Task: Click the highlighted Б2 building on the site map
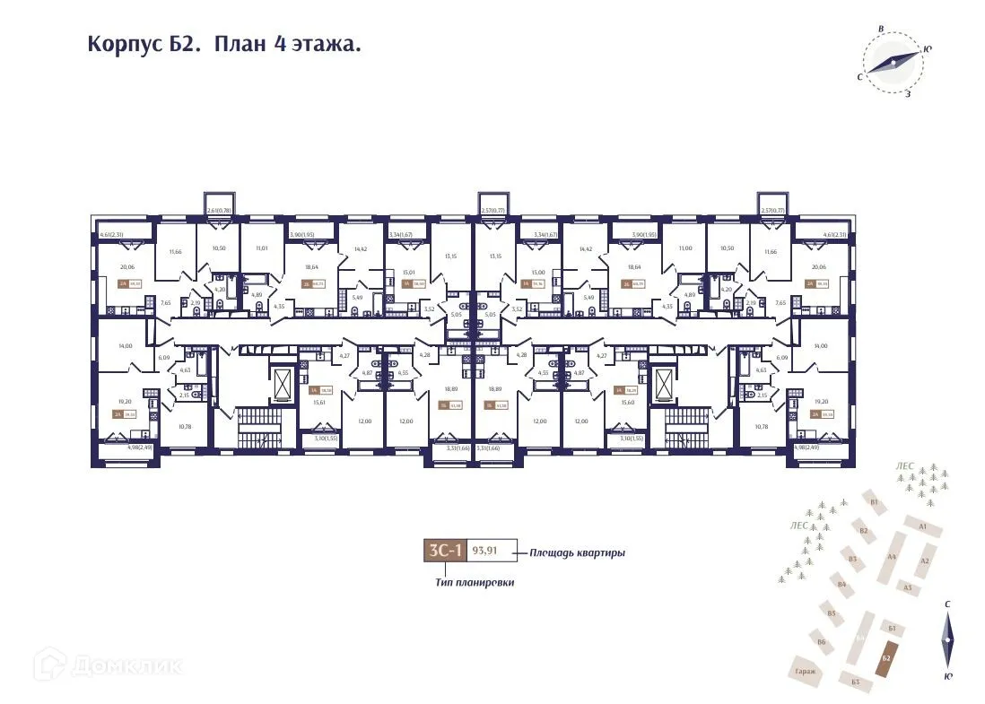(885, 660)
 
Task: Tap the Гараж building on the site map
(804, 671)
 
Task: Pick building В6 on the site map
(821, 641)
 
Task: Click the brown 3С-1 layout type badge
(445, 552)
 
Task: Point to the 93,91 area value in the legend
(484, 552)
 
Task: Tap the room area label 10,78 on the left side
(184, 427)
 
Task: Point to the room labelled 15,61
(318, 403)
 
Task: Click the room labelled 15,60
(627, 403)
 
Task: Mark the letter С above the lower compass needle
(947, 604)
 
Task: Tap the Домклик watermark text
(108, 665)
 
